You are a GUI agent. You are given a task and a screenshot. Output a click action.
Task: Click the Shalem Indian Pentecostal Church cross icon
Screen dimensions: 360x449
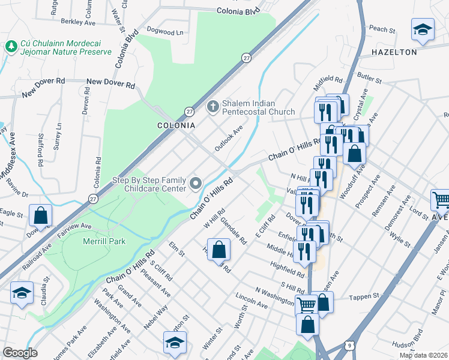click(212, 107)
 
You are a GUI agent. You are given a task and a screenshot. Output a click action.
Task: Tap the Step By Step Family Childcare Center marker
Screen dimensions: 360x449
click(196, 182)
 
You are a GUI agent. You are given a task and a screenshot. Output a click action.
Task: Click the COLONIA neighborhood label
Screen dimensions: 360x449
click(176, 125)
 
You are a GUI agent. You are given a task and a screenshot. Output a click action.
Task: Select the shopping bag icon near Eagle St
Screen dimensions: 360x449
click(40, 215)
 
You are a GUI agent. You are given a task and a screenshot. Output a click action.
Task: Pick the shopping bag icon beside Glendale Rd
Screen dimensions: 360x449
click(220, 248)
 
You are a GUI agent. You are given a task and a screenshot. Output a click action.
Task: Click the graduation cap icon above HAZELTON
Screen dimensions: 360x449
click(423, 29)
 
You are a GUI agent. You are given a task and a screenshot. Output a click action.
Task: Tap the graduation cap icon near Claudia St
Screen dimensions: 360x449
click(22, 293)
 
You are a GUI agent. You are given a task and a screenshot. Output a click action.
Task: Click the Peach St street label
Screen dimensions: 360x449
click(382, 29)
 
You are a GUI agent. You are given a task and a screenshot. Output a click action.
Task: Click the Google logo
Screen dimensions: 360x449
click(20, 353)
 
